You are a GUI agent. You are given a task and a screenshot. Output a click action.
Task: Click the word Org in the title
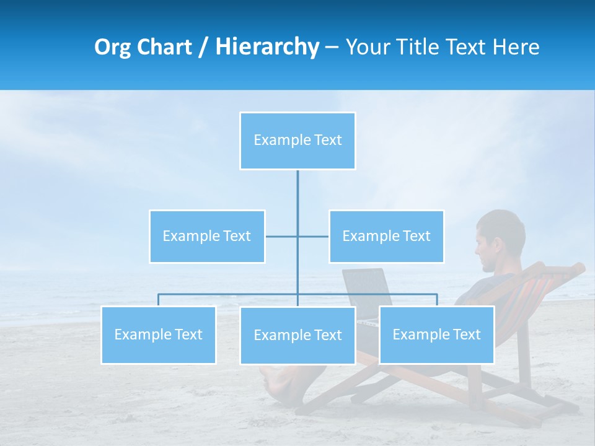click(112, 47)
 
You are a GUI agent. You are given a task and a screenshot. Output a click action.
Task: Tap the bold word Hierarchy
click(267, 47)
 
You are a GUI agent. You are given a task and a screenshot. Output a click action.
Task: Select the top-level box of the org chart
click(297, 141)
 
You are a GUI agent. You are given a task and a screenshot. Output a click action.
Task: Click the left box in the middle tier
click(207, 236)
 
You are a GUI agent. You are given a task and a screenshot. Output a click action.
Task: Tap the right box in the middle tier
click(386, 236)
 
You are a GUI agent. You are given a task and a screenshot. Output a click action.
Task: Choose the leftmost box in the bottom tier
click(159, 334)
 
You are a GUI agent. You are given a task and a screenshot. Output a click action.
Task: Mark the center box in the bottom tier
click(297, 335)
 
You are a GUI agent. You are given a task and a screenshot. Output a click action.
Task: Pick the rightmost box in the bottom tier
click(436, 334)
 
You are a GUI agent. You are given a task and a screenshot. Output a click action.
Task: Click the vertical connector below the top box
click(297, 198)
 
